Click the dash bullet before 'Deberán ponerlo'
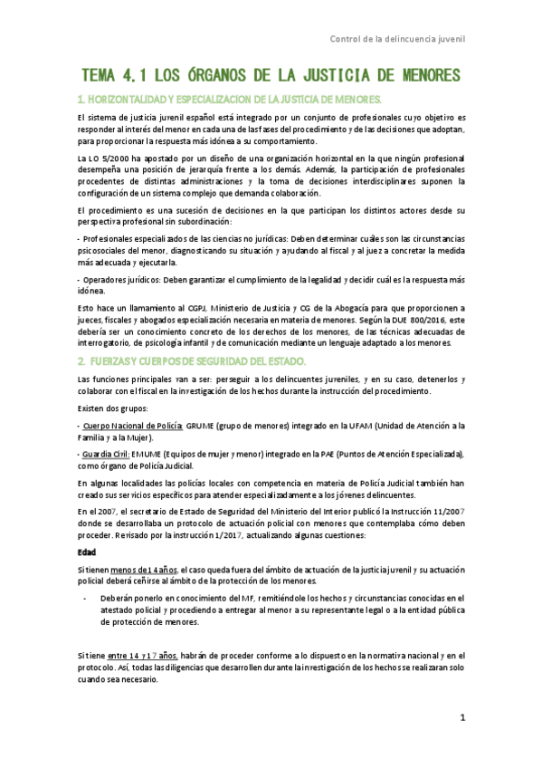84,599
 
